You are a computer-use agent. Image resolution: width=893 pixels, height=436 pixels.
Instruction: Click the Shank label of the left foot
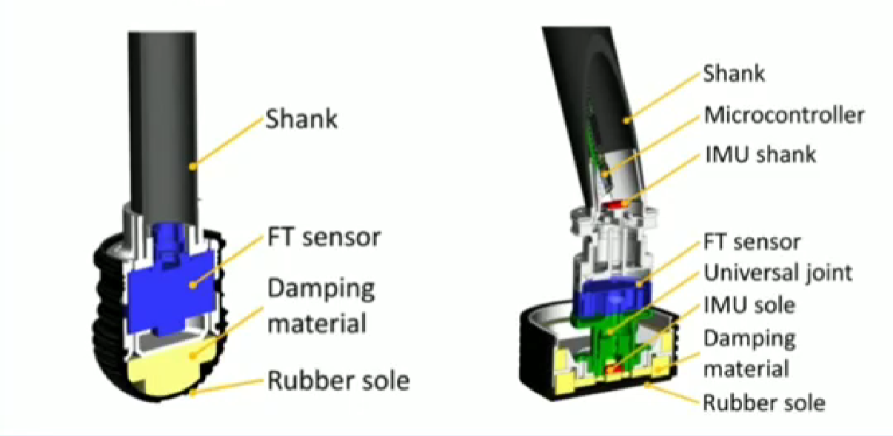point(301,118)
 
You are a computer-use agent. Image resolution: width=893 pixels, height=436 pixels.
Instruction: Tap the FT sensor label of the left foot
point(324,238)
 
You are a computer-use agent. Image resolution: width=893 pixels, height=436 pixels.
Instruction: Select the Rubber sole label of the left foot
point(338,380)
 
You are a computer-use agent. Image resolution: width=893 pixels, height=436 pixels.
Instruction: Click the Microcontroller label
point(784,115)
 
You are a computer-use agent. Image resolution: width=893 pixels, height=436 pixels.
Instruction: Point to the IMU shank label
point(760,154)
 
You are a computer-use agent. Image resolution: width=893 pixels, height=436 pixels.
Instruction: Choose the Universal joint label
point(777,273)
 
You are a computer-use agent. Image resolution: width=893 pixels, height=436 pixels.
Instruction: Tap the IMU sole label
point(749,305)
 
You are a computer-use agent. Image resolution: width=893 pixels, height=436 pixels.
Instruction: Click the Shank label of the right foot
point(734,73)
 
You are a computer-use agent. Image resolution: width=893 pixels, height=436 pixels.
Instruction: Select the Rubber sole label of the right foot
point(764,403)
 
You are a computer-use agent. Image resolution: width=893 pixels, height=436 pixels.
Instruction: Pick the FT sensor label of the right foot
point(752,242)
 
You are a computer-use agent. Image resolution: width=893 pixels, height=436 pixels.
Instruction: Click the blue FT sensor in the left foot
point(173,285)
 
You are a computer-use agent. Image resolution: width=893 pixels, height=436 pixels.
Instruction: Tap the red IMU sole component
point(615,370)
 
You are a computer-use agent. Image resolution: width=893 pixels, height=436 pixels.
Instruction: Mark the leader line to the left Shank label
point(228,142)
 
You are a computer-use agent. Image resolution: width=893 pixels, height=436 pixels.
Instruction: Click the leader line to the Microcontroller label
point(652,145)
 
